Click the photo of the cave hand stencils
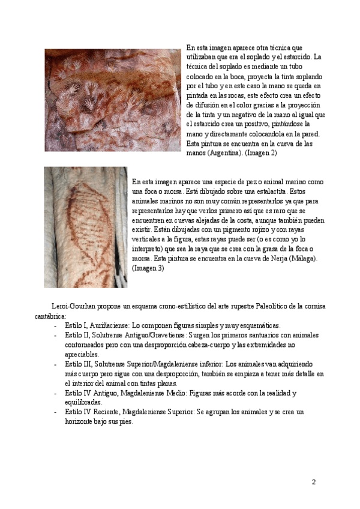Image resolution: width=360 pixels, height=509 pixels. (x=112, y=100)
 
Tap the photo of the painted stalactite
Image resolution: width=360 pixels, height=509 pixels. (x=85, y=227)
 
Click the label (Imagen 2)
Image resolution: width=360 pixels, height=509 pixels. (x=260, y=153)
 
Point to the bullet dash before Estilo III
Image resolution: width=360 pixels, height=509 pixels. (x=55, y=364)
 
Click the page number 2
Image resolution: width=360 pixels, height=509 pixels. (x=313, y=481)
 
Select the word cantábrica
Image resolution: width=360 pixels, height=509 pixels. (x=50, y=315)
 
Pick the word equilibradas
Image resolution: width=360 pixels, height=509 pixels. (x=83, y=402)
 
